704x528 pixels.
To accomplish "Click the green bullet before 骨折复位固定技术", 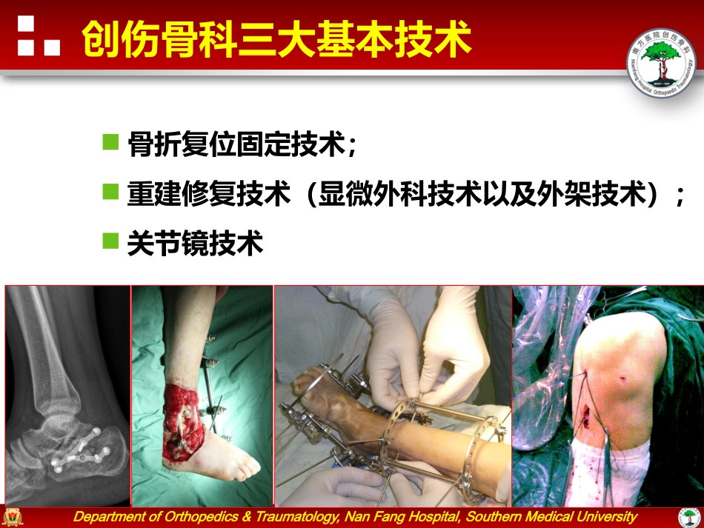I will click(110, 141).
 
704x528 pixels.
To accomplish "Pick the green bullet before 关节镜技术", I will click(110, 241).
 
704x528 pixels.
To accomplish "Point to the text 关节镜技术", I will click(195, 243).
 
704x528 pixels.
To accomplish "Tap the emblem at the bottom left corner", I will click(13, 517).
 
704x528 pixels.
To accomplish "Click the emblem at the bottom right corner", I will click(690, 517).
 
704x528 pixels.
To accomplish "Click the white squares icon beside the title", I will click(36, 36).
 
